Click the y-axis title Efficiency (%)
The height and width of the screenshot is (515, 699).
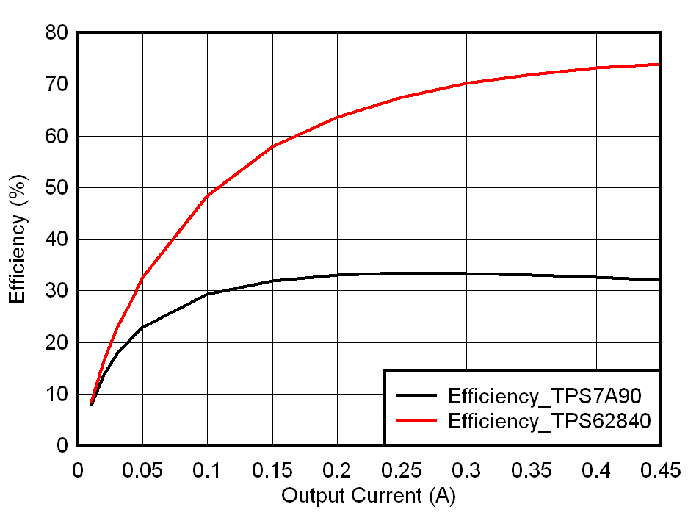[x=19, y=239]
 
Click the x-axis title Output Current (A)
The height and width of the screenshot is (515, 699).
[x=369, y=496]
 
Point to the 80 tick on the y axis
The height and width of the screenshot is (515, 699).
[x=57, y=33]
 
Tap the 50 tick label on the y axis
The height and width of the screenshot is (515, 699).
[x=57, y=188]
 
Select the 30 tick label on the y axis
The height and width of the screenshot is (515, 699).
[x=57, y=291]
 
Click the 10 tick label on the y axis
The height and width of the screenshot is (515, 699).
[x=57, y=395]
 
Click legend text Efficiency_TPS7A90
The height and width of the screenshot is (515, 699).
[x=545, y=396]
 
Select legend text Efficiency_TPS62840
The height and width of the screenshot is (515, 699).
[x=549, y=421]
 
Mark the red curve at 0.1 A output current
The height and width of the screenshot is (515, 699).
[x=208, y=195]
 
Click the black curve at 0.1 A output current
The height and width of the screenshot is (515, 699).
[x=208, y=294]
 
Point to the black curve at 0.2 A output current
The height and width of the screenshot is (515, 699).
[x=337, y=275]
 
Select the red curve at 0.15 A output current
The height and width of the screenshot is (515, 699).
[x=272, y=146]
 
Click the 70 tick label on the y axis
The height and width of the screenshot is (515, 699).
[x=57, y=84]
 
